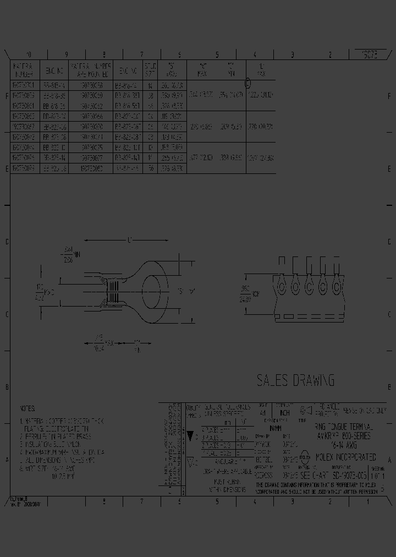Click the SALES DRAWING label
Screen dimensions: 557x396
click(x=295, y=380)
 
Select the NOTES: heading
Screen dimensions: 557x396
click(x=27, y=409)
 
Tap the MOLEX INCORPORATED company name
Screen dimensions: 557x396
click(x=345, y=457)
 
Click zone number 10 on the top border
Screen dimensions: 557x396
click(x=29, y=54)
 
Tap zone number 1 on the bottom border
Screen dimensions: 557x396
click(x=367, y=501)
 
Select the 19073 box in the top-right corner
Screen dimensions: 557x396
click(x=369, y=54)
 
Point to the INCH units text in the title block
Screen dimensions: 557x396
click(x=284, y=412)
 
